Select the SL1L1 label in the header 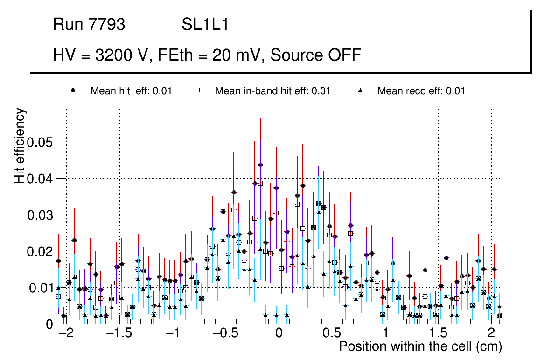pos(205,25)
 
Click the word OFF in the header pos(345,55)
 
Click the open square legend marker pos(197,91)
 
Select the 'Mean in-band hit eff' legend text pos(272,91)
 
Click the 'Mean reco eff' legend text pos(421,91)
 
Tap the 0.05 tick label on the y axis pos(39,142)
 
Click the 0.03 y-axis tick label pos(39,215)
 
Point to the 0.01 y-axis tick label pos(39,288)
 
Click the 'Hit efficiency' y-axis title pos(20,146)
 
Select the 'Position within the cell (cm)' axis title pos(420,347)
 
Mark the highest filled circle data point pos(260,165)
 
